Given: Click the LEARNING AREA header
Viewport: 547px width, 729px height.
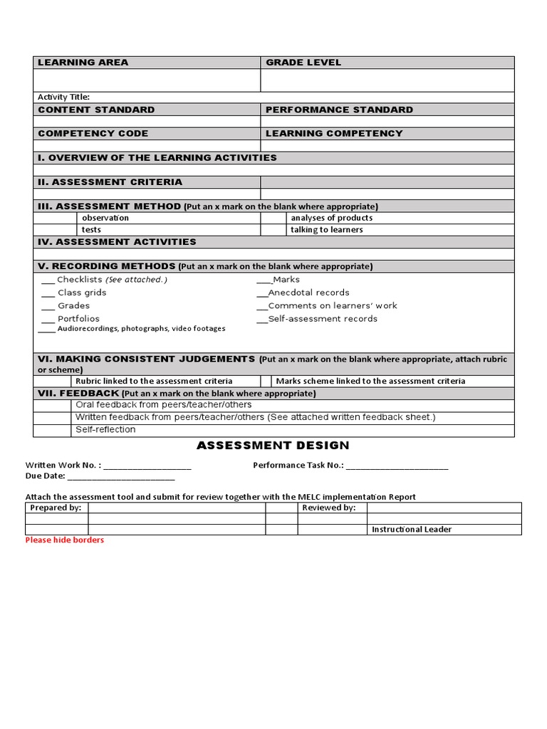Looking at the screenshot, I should click(83, 63).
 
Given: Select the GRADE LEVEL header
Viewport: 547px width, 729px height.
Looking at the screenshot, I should click(303, 63).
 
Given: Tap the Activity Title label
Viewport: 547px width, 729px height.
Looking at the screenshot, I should click(64, 98).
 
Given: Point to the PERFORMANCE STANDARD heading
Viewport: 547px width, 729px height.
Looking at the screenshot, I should click(339, 110).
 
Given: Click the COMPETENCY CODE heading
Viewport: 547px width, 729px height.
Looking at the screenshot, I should click(93, 134).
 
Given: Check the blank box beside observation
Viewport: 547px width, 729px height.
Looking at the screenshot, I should click(56, 218).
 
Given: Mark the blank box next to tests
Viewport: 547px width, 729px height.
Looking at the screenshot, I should click(56, 230).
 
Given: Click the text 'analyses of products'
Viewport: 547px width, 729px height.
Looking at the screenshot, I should click(332, 218).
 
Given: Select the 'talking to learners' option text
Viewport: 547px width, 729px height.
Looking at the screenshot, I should click(327, 230).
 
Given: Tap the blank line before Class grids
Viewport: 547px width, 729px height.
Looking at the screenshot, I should click(48, 293).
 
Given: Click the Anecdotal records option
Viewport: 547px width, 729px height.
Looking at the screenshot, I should click(308, 293).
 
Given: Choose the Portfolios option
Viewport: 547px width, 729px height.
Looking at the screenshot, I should click(78, 319).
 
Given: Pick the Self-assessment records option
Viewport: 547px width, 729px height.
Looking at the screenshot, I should click(323, 319).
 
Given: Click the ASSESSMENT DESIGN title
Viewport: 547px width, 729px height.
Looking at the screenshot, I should click(273, 446).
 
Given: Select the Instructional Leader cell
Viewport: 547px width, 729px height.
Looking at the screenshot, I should click(412, 530).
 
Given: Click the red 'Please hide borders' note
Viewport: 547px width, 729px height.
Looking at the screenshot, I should click(65, 540).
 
